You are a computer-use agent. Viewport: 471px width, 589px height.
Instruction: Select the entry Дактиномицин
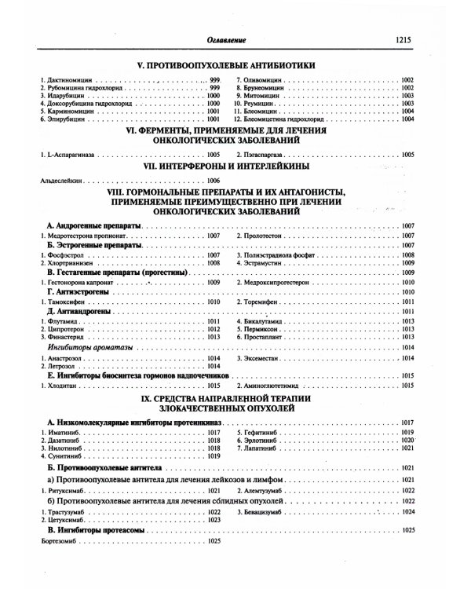(68, 81)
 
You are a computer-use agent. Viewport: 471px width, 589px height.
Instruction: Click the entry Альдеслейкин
(60, 181)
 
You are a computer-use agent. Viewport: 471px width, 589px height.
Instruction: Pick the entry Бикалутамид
(274, 321)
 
